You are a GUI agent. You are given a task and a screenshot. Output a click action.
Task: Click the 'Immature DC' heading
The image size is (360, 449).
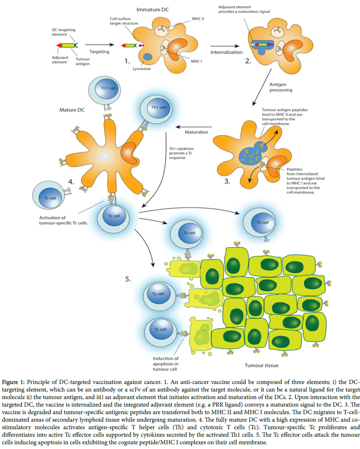[x=153, y=10]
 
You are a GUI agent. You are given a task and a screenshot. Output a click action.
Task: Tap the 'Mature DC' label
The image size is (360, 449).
[x=72, y=110]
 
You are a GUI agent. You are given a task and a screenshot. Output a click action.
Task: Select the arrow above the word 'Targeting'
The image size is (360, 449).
[x=99, y=45]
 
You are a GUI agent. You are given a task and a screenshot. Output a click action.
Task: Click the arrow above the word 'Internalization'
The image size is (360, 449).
[x=225, y=46]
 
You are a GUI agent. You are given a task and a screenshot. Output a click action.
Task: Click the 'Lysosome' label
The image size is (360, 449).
[x=142, y=69]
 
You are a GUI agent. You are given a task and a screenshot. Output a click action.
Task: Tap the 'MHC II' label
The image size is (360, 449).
[x=198, y=19]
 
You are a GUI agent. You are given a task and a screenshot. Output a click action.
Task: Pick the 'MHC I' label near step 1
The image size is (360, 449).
[x=196, y=61]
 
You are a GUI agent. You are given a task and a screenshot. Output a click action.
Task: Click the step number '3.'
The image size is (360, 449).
[x=227, y=182]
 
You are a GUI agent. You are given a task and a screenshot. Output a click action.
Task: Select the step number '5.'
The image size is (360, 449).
[x=128, y=279]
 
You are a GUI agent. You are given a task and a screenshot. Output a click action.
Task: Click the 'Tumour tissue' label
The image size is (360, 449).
[x=261, y=365]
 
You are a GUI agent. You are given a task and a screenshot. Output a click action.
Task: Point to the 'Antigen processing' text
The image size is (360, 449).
[x=280, y=87]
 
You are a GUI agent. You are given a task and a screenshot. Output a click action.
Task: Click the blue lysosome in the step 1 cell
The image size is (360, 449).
[x=148, y=57]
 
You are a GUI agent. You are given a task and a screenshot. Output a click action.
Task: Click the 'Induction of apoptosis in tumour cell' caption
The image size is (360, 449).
[x=165, y=364]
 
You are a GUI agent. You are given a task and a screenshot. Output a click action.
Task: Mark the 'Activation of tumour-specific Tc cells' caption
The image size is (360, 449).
[x=63, y=220]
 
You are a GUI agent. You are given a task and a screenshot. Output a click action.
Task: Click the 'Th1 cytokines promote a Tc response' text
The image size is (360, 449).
[x=181, y=153]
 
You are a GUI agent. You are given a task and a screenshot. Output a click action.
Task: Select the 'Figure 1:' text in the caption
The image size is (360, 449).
[x=13, y=382]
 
